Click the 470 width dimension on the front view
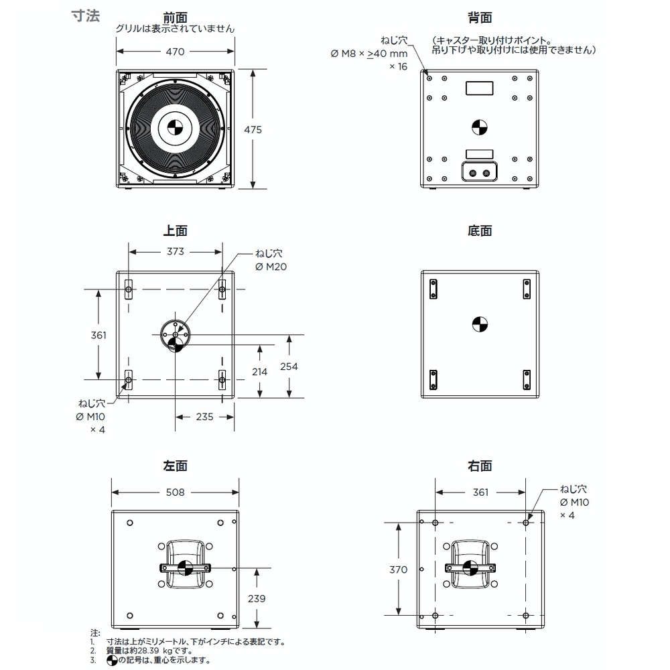click(175, 52)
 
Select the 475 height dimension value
click(253, 129)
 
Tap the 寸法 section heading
click(86, 16)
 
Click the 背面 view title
click(480, 17)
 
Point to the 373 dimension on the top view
click(175, 251)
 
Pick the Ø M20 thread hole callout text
click(271, 267)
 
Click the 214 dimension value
click(259, 372)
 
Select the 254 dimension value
click(289, 366)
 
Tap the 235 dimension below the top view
click(204, 417)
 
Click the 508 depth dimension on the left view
click(175, 492)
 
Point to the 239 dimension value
click(257, 598)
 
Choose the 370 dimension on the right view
click(398, 569)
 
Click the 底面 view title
click(480, 230)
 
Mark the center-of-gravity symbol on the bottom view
click(480, 324)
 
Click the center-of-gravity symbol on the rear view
click(480, 127)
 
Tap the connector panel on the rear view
click(480, 172)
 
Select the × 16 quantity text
click(398, 66)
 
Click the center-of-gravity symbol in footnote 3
click(111, 661)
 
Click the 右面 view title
click(480, 466)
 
